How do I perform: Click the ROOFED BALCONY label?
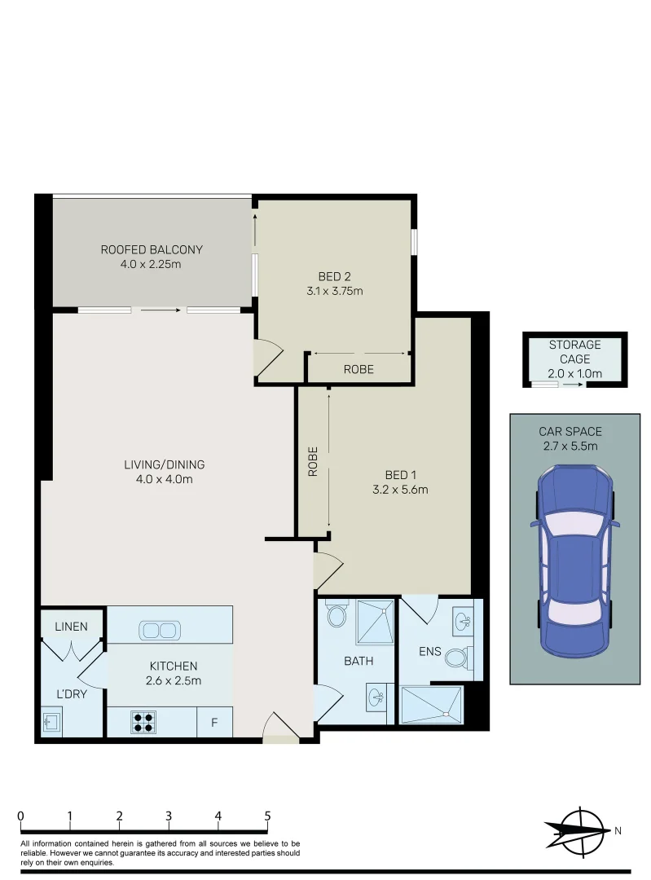tap(152, 249)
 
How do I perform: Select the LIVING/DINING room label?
tap(164, 464)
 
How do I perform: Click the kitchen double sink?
tap(158, 630)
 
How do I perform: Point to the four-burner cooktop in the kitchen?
tap(143, 722)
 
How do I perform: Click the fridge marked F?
tap(215, 723)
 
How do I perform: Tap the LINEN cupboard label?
tap(72, 627)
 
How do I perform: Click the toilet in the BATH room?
tap(335, 615)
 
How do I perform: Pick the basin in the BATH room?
tap(376, 699)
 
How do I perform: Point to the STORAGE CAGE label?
tap(574, 352)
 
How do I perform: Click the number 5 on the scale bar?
tap(267, 816)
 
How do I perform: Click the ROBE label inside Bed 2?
tap(358, 369)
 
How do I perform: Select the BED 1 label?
tap(400, 475)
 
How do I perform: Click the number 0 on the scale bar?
tap(20, 816)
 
